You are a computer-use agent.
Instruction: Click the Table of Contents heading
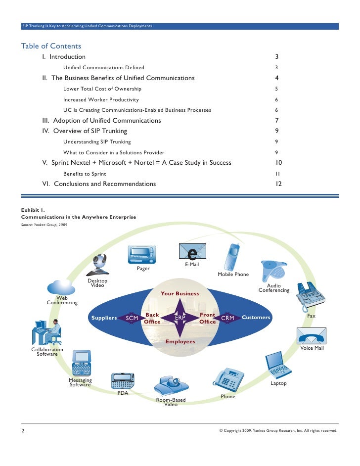(x=51, y=47)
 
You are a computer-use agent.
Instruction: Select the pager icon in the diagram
(x=142, y=255)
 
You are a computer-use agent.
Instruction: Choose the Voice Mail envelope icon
(x=311, y=336)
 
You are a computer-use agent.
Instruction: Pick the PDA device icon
(x=123, y=380)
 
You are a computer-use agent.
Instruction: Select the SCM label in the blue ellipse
(x=132, y=318)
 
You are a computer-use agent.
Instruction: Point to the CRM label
(x=227, y=318)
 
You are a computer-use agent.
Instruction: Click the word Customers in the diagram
(x=256, y=318)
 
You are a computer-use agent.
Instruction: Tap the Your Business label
(x=180, y=293)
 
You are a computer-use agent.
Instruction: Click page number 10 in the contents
(x=278, y=163)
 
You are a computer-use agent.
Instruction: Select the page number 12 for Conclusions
(x=278, y=184)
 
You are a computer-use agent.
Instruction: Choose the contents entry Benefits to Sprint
(x=85, y=174)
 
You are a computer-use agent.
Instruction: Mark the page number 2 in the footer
(x=23, y=430)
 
